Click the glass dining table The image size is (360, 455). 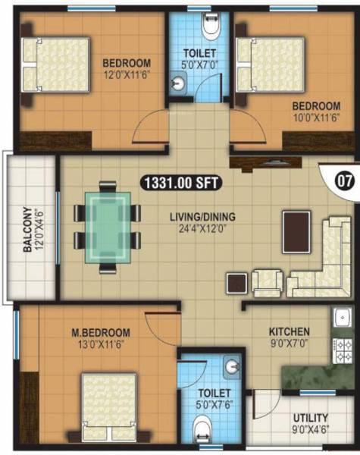pos(107,226)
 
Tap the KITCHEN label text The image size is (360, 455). pos(289,331)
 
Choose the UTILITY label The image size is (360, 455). pos(310,418)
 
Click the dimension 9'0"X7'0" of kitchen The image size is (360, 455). pos(289,343)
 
